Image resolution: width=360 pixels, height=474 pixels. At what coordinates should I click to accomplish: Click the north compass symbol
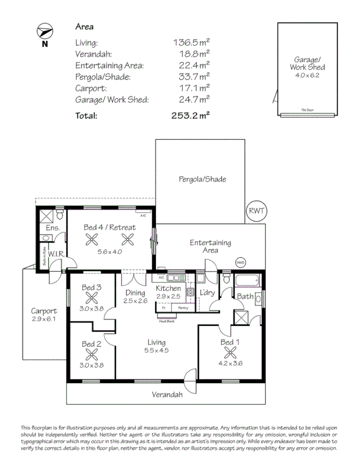pyautogui.click(x=45, y=32)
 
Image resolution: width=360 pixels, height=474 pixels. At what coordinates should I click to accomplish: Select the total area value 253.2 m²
pyautogui.click(x=190, y=116)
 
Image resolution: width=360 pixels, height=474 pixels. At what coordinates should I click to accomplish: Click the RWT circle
pyautogui.click(x=257, y=211)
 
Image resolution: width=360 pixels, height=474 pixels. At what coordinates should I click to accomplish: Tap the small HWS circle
pyautogui.click(x=240, y=262)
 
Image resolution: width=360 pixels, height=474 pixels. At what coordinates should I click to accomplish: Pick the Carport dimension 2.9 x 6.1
pyautogui.click(x=43, y=319)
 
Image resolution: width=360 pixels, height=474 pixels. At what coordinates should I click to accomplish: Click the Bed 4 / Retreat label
pyautogui.click(x=110, y=227)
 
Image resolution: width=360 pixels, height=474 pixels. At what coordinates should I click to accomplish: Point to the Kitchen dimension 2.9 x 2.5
pyautogui.click(x=169, y=296)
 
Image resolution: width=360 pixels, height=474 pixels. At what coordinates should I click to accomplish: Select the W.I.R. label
pyautogui.click(x=57, y=254)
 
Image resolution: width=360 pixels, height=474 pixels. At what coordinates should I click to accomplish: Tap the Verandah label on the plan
pyautogui.click(x=167, y=394)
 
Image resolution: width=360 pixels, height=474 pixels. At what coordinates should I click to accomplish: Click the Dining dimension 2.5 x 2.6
pyautogui.click(x=135, y=300)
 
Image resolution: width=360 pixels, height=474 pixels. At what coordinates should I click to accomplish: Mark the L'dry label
pyautogui.click(x=207, y=293)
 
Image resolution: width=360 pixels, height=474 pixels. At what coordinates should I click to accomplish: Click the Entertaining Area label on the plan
pyautogui.click(x=210, y=246)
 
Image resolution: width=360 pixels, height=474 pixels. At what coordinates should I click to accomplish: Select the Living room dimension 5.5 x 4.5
pyautogui.click(x=156, y=350)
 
